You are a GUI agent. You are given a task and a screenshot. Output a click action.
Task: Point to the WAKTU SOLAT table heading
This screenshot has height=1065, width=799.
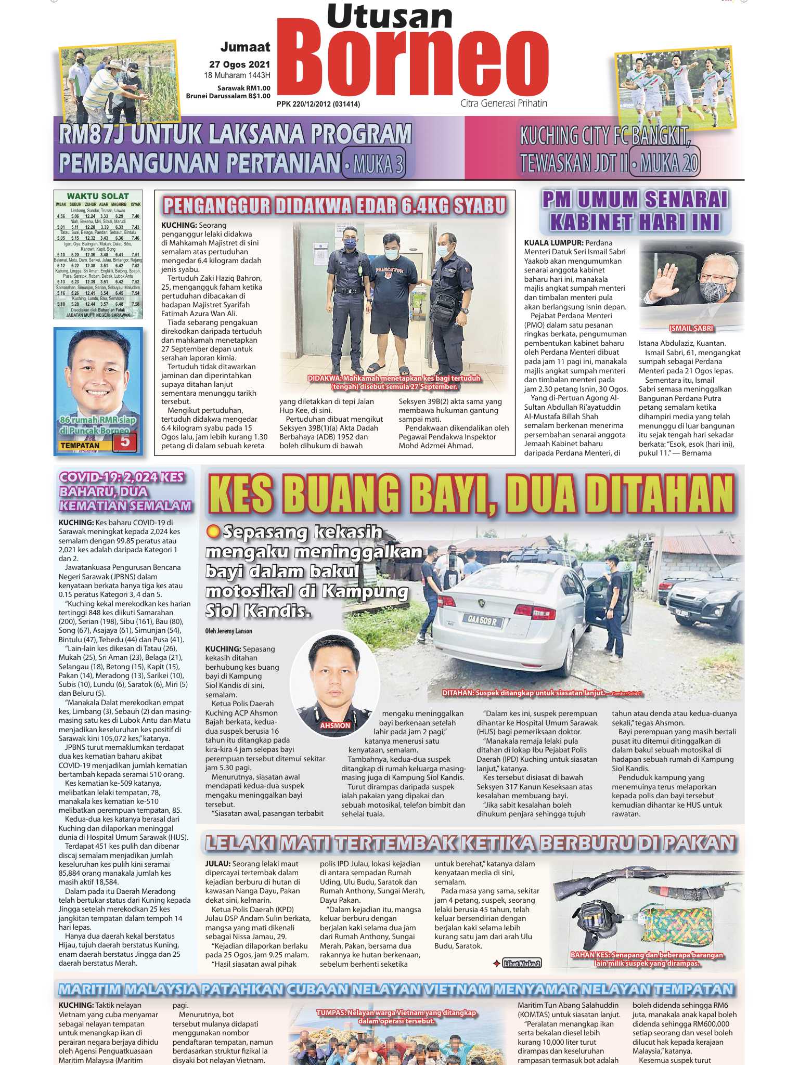pos(98,196)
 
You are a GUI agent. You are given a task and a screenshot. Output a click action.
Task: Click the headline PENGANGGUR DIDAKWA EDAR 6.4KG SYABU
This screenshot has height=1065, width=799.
pos(334,206)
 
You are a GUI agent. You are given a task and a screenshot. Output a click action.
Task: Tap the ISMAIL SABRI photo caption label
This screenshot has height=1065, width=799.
pos(691,328)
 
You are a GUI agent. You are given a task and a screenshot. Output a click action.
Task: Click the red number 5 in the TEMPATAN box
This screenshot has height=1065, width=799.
pos(124,441)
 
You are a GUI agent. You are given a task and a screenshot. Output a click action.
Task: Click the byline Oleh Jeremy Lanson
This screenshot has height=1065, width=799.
pos(228,631)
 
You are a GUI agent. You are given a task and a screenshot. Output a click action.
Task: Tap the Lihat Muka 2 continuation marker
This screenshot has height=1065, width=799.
pos(522,963)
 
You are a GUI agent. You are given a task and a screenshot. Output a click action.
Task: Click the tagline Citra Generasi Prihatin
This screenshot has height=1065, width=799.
pos(504,103)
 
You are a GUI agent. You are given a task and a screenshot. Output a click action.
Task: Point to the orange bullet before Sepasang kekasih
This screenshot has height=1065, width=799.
pos(212,531)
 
